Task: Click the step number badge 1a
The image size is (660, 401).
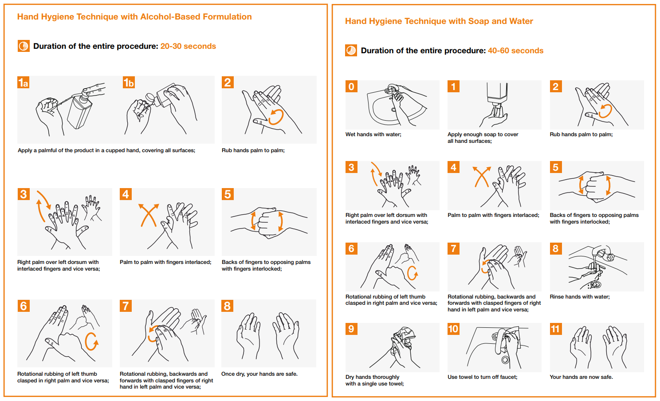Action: tap(24, 83)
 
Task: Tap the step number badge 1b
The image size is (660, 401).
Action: tap(129, 83)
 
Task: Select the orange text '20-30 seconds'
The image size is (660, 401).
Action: tap(188, 46)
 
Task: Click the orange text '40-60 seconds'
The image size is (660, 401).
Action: tap(515, 51)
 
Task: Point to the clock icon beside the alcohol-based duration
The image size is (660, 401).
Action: tap(24, 46)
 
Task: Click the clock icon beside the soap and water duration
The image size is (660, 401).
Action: tap(351, 51)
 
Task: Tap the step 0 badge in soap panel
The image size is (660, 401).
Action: tap(351, 86)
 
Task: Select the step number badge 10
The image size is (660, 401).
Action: tap(453, 329)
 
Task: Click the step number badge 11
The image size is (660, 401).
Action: tap(555, 329)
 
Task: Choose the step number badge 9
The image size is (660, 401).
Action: tap(351, 329)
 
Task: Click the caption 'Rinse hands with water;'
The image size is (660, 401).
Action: tap(579, 297)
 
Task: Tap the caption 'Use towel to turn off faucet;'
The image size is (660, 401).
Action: tap(482, 377)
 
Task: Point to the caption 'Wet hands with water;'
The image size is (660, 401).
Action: tap(373, 134)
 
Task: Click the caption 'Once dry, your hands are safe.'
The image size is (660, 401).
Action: tap(259, 374)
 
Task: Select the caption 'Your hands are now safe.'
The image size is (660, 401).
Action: tap(581, 377)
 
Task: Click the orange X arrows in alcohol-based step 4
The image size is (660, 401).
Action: tap(149, 215)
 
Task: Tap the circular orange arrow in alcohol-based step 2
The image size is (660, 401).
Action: tap(276, 117)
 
